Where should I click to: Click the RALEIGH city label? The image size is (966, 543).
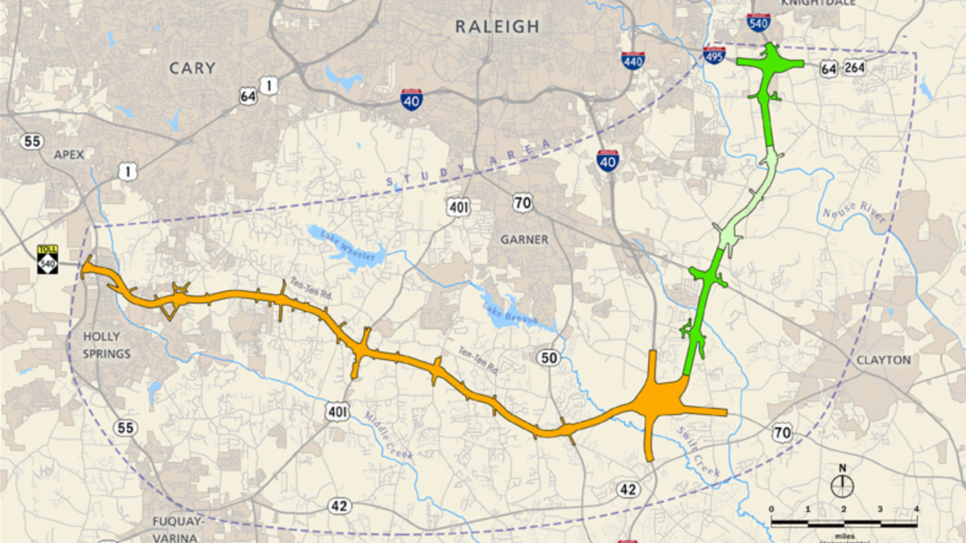tap(497, 27)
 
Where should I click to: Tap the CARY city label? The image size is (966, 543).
tap(192, 68)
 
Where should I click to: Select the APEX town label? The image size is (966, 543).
tap(68, 154)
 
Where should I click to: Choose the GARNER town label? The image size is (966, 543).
tap(524, 239)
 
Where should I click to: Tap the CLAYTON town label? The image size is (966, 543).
tap(884, 360)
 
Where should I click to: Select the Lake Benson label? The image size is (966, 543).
tap(504, 309)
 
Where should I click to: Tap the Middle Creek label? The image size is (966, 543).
tap(388, 436)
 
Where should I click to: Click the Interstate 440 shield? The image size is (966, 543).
tap(633, 60)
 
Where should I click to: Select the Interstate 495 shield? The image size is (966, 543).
tap(714, 55)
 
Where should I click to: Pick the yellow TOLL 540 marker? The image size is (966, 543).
tap(47, 258)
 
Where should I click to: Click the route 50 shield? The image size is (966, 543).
tap(550, 358)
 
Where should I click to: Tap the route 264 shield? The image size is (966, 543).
tap(855, 68)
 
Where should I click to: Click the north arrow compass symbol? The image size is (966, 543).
tap(842, 484)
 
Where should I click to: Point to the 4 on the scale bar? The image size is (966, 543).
tap(916, 510)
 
